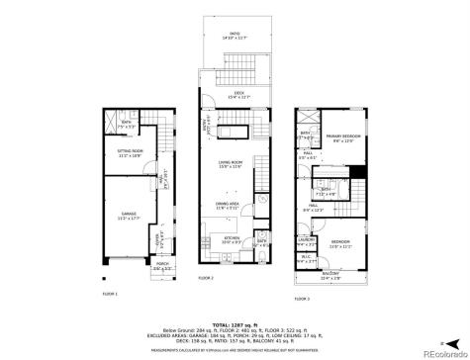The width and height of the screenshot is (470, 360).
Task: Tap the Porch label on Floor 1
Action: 161,266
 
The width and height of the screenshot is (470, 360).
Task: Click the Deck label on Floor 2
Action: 235,94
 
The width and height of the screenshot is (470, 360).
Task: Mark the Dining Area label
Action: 228,205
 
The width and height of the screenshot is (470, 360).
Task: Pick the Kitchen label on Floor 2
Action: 231,239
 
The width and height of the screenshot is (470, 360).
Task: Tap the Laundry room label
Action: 308,240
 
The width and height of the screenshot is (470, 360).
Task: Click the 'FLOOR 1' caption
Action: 110,294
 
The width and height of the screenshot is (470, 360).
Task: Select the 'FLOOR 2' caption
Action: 206,279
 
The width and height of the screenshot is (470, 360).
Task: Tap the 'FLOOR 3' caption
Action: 300,296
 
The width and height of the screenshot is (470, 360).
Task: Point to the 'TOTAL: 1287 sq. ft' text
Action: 235,323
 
